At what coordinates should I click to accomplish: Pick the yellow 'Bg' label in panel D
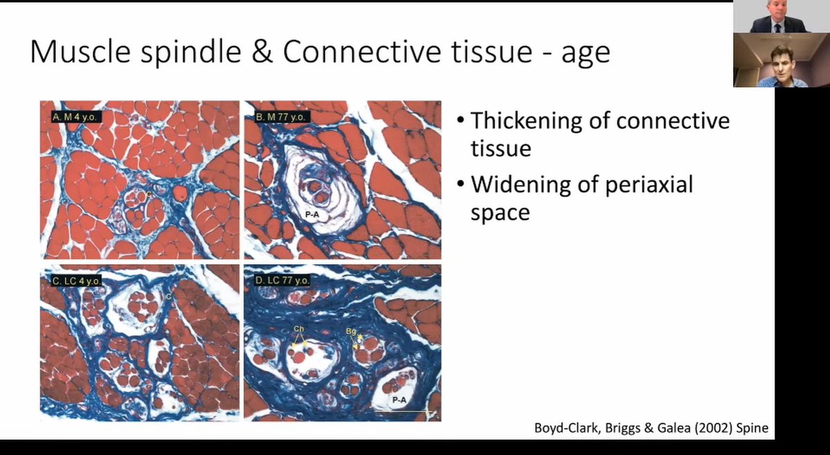[351, 332]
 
